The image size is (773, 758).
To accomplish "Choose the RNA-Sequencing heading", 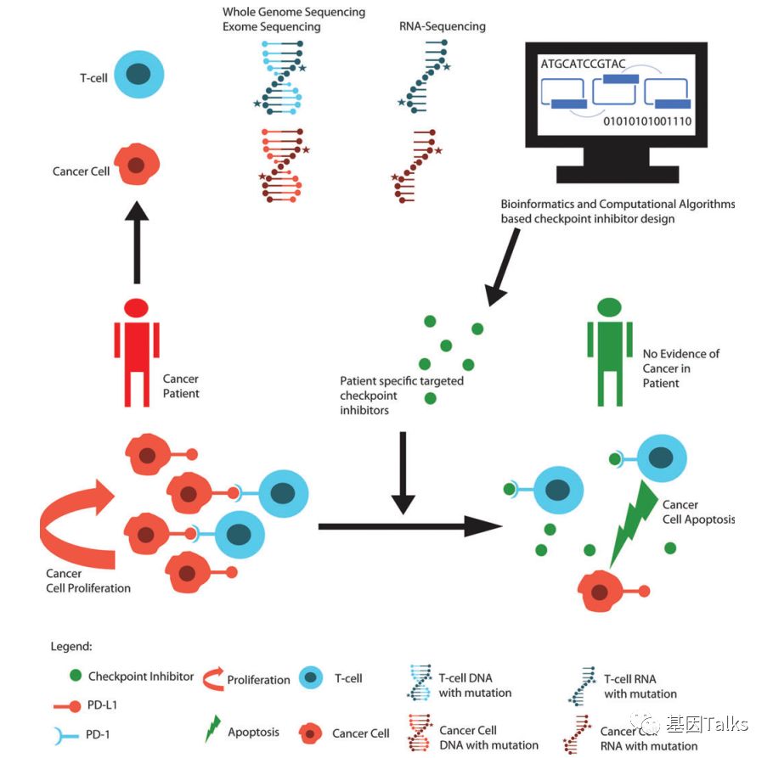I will tap(442, 26).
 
